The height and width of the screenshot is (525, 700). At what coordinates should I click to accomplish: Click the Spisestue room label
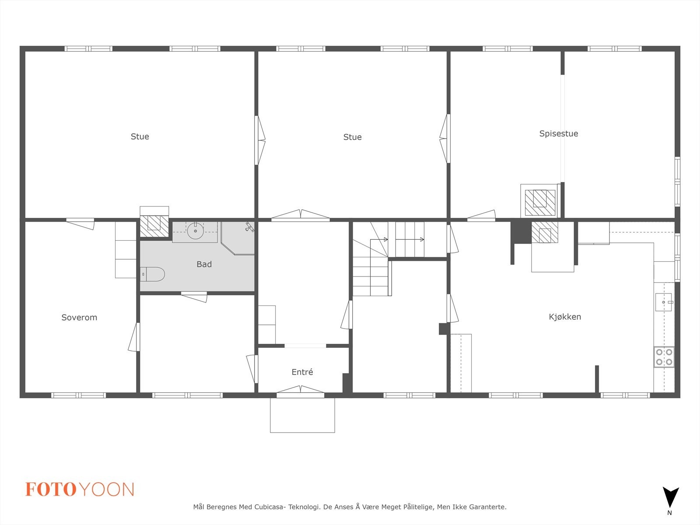point(558,134)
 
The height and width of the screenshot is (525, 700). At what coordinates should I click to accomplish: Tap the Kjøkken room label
point(565,317)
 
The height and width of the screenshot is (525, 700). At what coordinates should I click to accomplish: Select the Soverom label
point(79,318)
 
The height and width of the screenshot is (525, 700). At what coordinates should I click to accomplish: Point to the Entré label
point(302,372)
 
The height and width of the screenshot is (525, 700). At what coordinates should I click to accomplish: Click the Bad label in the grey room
point(204,264)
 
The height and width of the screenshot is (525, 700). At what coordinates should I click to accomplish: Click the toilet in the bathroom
point(153,274)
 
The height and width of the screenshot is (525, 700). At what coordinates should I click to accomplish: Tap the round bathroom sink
point(195,231)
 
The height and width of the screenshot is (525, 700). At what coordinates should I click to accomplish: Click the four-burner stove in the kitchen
point(664,357)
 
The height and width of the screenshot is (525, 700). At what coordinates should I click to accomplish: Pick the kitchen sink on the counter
point(663,302)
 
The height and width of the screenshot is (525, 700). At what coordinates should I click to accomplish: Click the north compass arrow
point(670,497)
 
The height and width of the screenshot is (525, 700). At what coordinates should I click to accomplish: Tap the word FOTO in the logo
point(51,490)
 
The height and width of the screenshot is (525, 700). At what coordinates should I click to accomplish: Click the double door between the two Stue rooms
point(260,140)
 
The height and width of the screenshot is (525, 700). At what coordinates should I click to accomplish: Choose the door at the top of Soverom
point(80,223)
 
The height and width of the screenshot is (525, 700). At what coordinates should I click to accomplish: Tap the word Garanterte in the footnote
point(487,507)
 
